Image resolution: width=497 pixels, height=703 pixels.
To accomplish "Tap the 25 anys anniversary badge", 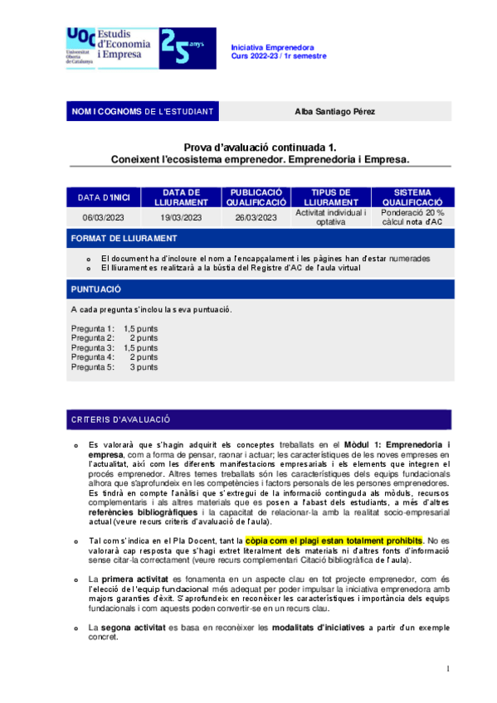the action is (x=187, y=47).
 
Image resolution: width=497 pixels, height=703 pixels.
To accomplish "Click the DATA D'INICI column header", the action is (x=105, y=198).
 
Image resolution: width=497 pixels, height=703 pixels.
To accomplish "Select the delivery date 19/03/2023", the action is (x=181, y=217).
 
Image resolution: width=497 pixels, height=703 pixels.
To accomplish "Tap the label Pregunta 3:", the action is (x=93, y=347).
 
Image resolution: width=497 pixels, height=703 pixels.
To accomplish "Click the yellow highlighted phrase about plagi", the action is (x=334, y=541).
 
